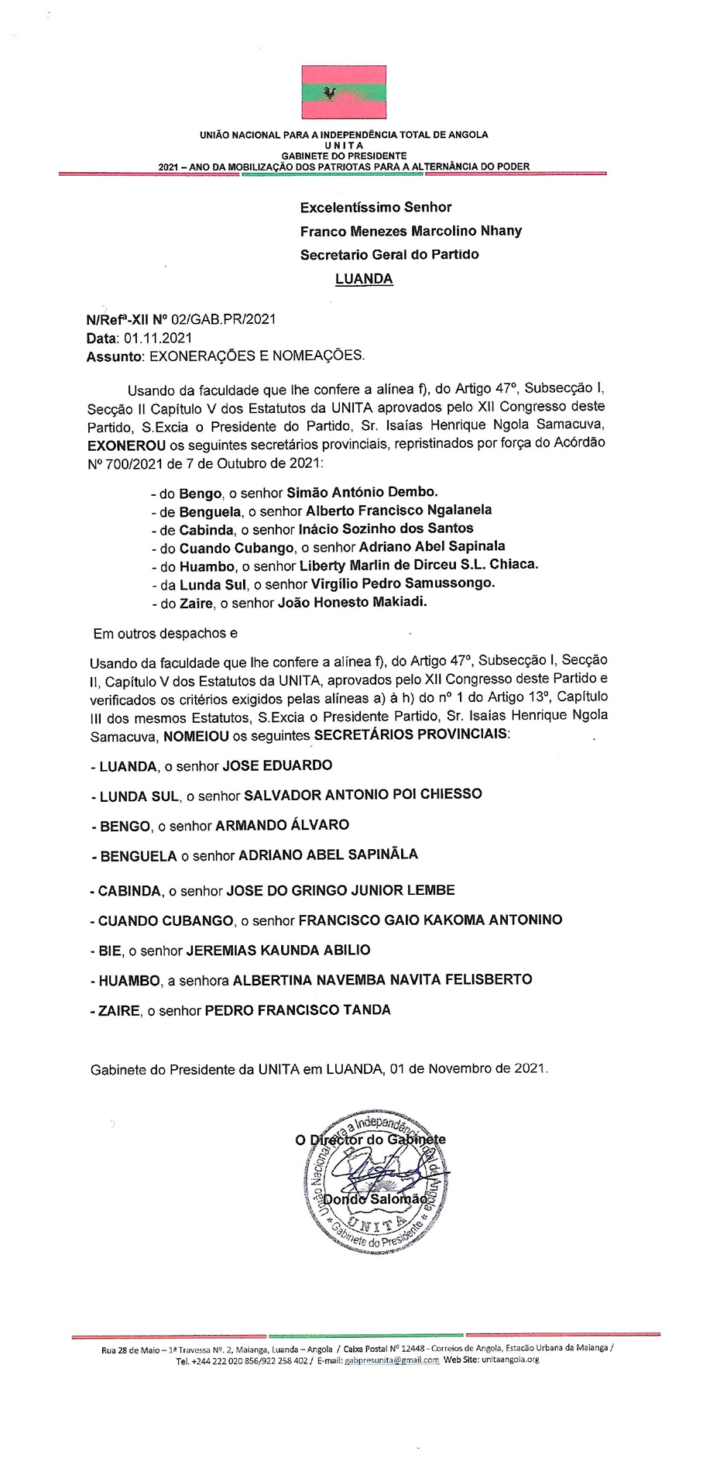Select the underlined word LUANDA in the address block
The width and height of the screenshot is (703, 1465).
(364, 279)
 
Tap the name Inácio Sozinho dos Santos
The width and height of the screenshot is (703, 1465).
(386, 528)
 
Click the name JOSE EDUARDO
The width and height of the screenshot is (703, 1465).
(277, 765)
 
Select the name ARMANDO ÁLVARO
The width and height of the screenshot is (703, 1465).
(282, 825)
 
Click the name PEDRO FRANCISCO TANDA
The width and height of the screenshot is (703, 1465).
(297, 1010)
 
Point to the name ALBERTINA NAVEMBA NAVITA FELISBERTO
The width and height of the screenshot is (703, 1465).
(382, 979)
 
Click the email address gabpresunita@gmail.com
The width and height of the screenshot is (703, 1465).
(392, 1360)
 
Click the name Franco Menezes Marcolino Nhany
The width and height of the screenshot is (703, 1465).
(411, 231)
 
